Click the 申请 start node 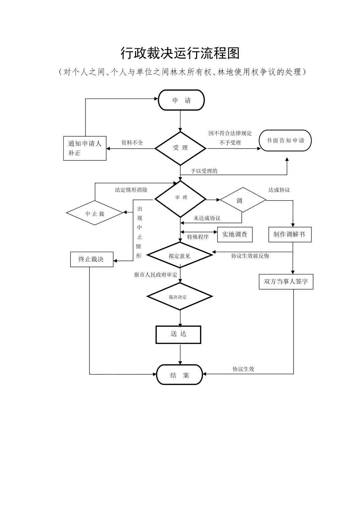click(x=181, y=100)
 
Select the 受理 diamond click(x=180, y=148)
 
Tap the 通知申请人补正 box click(x=85, y=148)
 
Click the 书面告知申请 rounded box click(x=286, y=141)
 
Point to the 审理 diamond click(x=180, y=198)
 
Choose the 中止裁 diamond click(x=95, y=213)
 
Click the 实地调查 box click(x=235, y=234)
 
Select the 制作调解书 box click(x=290, y=234)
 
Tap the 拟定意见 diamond click(x=180, y=256)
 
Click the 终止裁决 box click(x=92, y=259)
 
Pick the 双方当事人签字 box click(x=286, y=282)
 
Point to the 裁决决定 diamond click(x=180, y=297)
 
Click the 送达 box click(x=178, y=334)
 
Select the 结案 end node click(x=180, y=375)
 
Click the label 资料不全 click(x=132, y=143)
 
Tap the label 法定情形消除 click(x=131, y=190)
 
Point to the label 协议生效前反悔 click(x=250, y=256)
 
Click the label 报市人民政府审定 click(x=156, y=275)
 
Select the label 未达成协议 click(x=207, y=218)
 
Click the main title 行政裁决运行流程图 click(x=180, y=53)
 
